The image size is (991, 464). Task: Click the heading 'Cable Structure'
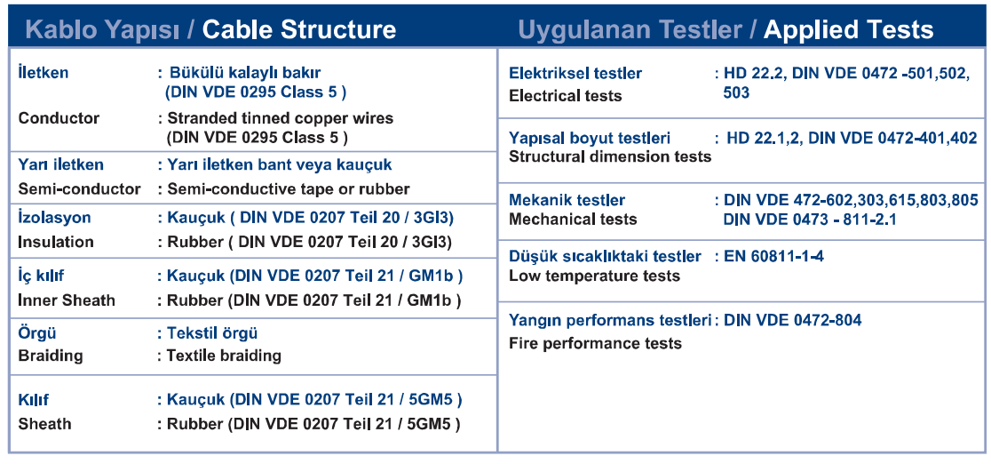point(299,29)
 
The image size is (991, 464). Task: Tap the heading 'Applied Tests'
point(848,29)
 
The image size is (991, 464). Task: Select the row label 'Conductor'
point(59,118)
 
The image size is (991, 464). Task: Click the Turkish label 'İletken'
point(44,73)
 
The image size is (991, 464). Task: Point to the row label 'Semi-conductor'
point(80,188)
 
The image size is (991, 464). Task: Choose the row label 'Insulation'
point(56,242)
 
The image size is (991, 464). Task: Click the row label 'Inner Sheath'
point(67,300)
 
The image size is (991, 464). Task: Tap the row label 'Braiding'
point(51,356)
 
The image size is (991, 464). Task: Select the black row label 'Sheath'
point(45,423)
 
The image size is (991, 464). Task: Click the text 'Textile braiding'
point(224,356)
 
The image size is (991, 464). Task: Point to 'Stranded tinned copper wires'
point(280,118)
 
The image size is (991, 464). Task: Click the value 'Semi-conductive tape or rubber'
point(289,188)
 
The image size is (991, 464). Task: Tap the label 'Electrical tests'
point(566,96)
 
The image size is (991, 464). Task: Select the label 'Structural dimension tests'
point(611,156)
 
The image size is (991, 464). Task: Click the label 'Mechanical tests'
point(574,220)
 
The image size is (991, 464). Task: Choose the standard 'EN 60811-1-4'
point(773,256)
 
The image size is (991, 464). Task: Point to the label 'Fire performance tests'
point(595,344)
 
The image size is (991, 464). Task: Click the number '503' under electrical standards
point(736,93)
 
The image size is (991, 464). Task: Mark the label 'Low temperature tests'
point(595,276)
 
